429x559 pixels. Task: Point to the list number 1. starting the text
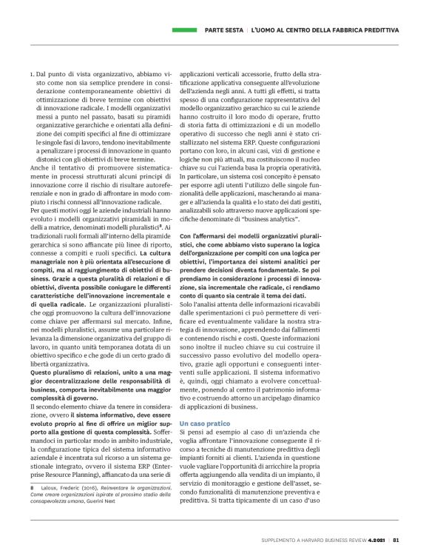[x=32, y=75]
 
